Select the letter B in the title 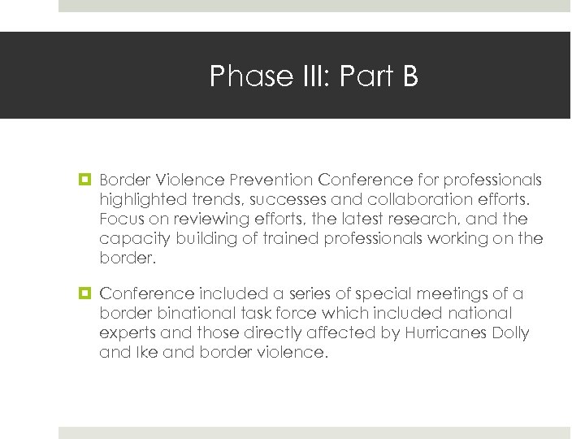point(409,76)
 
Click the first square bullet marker point(84,180)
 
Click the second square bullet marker point(84,293)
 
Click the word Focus point(119,219)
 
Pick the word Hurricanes point(448,333)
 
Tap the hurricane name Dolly point(510,333)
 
